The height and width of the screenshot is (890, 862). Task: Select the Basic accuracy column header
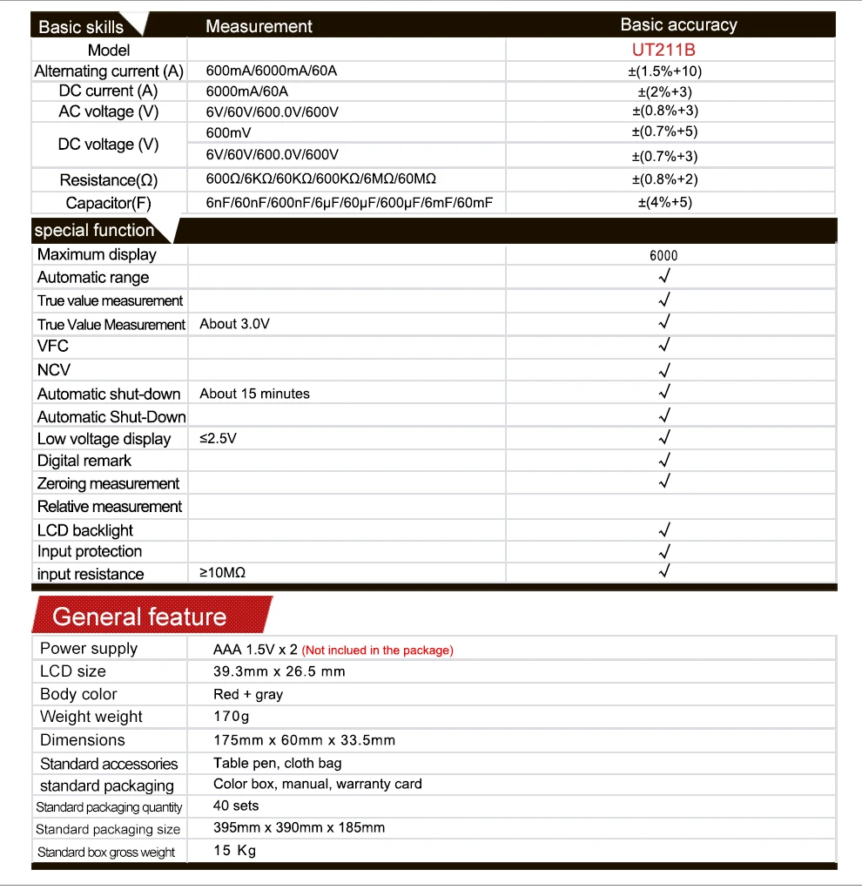point(678,25)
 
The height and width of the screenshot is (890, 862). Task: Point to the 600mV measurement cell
point(229,132)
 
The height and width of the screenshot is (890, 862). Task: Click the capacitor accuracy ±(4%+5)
point(664,202)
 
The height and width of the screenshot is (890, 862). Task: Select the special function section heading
point(94,231)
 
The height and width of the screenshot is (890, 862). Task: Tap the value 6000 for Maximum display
point(663,256)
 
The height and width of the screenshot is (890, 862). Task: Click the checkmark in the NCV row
point(664,369)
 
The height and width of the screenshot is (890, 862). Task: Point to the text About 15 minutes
point(254,394)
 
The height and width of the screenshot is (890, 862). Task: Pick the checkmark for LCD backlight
point(664,529)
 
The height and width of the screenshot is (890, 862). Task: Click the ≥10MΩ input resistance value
point(223,573)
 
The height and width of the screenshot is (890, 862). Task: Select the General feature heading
point(139,617)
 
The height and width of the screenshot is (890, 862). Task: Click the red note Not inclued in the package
point(378,651)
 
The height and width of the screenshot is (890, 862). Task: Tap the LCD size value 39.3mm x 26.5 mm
point(279,671)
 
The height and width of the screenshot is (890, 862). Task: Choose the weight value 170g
point(232,717)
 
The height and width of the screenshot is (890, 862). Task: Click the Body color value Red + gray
point(248,694)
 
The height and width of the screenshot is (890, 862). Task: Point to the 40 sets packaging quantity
point(236,806)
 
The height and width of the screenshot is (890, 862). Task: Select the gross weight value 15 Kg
point(235,851)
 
